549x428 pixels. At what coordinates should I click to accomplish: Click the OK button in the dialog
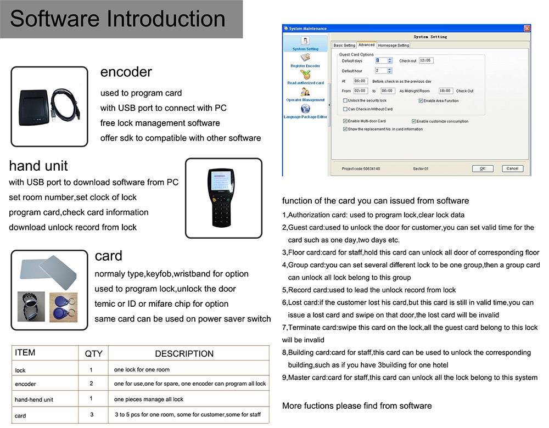pos(482,168)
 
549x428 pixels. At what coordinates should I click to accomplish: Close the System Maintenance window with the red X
pos(527,29)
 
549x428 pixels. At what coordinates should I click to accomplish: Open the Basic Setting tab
pos(344,46)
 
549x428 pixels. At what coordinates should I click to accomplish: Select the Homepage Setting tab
pos(393,46)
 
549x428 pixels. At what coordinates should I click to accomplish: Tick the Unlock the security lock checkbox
pos(345,101)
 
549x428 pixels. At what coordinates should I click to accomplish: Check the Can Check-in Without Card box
pos(345,109)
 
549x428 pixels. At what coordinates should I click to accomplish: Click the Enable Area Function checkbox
pos(421,101)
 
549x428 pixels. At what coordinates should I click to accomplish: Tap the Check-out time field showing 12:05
pos(425,60)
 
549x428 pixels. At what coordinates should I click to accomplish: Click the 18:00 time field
pos(445,91)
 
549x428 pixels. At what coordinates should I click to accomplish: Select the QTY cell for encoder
pos(91,384)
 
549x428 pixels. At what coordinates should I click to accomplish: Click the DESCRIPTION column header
pos(184,354)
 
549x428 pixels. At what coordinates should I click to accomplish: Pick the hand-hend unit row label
pos(34,399)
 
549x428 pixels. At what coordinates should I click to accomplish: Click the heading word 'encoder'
pos(126,72)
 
